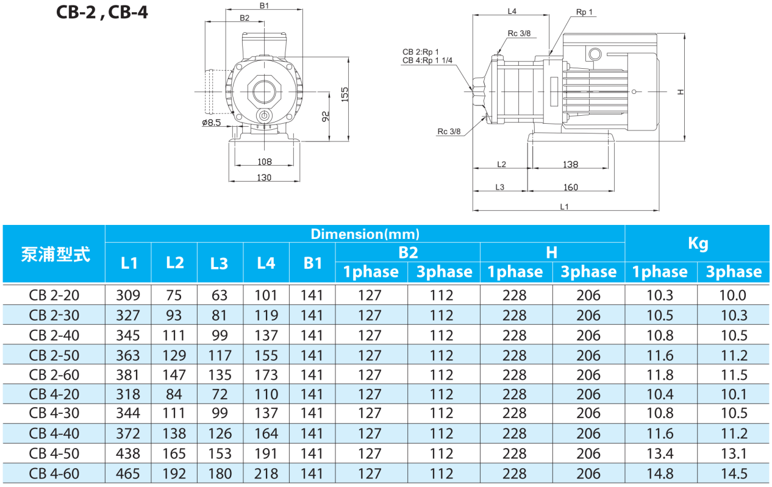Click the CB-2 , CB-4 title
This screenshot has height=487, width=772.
tap(102, 12)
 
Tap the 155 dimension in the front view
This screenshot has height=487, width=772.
tap(345, 93)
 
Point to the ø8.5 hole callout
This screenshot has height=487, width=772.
tap(211, 123)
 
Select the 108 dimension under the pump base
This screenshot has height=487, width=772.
tap(264, 162)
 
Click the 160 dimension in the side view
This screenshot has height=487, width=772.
tap(570, 187)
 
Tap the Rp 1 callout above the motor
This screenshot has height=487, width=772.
tap(584, 12)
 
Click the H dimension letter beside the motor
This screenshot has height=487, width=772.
tap(681, 92)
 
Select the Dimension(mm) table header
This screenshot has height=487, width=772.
tap(365, 234)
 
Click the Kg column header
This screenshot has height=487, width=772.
tap(698, 244)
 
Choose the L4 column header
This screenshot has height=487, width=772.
tap(266, 263)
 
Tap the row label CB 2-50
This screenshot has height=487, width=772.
tap(54, 355)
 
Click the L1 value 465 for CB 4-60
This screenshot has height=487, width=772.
tap(129, 473)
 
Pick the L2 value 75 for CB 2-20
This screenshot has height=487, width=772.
tap(174, 296)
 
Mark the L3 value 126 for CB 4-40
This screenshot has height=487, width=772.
tap(220, 433)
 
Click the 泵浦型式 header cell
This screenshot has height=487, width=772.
tap(55, 254)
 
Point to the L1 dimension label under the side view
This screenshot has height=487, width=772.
tap(564, 207)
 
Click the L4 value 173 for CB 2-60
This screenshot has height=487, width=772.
tap(266, 374)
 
